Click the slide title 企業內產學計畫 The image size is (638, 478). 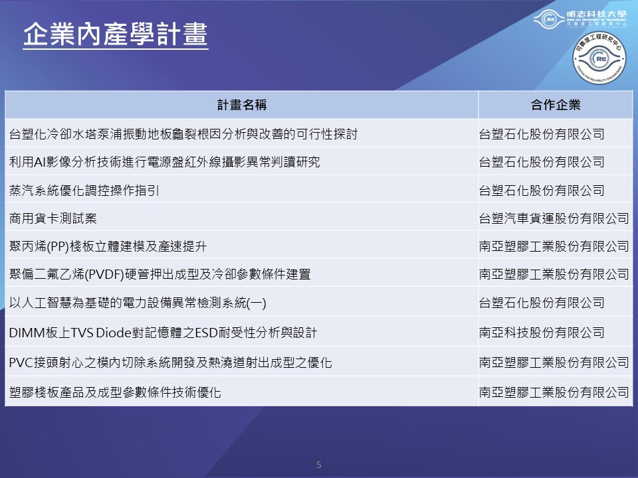116,34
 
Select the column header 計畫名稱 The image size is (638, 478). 242,105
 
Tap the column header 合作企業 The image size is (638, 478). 556,105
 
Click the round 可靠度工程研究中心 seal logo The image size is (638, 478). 599,58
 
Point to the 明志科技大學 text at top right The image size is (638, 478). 597,14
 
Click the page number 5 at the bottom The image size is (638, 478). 319,465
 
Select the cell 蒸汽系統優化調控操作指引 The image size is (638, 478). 84,191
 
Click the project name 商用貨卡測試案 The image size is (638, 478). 53,218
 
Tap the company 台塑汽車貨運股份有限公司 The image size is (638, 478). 554,218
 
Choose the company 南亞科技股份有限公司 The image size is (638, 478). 542,333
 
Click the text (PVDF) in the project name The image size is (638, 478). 104,274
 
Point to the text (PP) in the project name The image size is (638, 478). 58,246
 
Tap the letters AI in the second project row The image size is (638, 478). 39,162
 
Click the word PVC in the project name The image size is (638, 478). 21,362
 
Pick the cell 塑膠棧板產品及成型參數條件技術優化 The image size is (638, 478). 115,392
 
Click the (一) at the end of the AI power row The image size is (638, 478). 257,303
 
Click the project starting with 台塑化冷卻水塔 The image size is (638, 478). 183,133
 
